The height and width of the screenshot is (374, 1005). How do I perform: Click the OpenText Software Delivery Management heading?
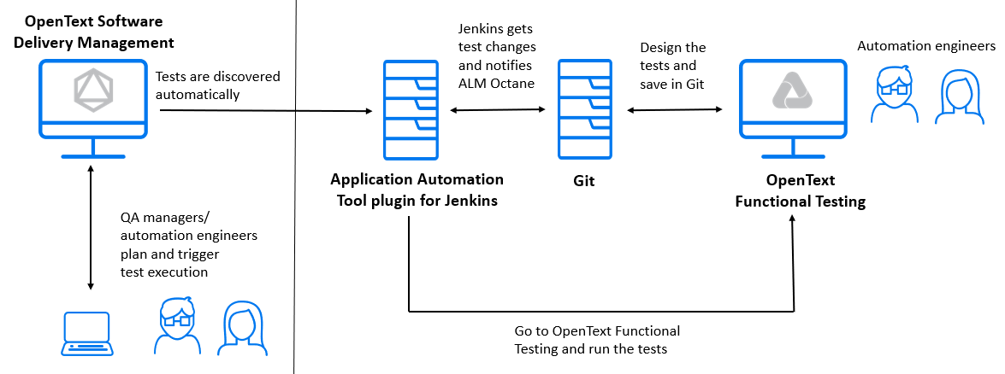[93, 32]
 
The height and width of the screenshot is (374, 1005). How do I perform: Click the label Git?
[584, 181]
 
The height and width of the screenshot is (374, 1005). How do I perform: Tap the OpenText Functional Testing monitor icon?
[794, 108]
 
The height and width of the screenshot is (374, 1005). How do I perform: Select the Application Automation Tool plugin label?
[417, 190]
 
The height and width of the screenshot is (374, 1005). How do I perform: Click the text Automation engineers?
[926, 46]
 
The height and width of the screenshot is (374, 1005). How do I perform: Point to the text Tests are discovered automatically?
[217, 85]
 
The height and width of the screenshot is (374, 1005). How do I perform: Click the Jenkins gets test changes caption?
[495, 56]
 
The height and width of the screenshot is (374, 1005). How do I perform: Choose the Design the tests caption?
[673, 66]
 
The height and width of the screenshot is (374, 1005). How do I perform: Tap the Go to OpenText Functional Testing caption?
[597, 340]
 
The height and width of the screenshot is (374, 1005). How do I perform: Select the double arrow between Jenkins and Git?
[498, 109]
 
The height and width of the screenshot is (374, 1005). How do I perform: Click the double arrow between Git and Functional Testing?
[675, 109]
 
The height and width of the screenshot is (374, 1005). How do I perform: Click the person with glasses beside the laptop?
[177, 326]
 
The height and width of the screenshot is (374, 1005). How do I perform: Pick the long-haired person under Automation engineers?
[955, 96]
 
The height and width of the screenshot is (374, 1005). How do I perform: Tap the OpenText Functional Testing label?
[801, 191]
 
